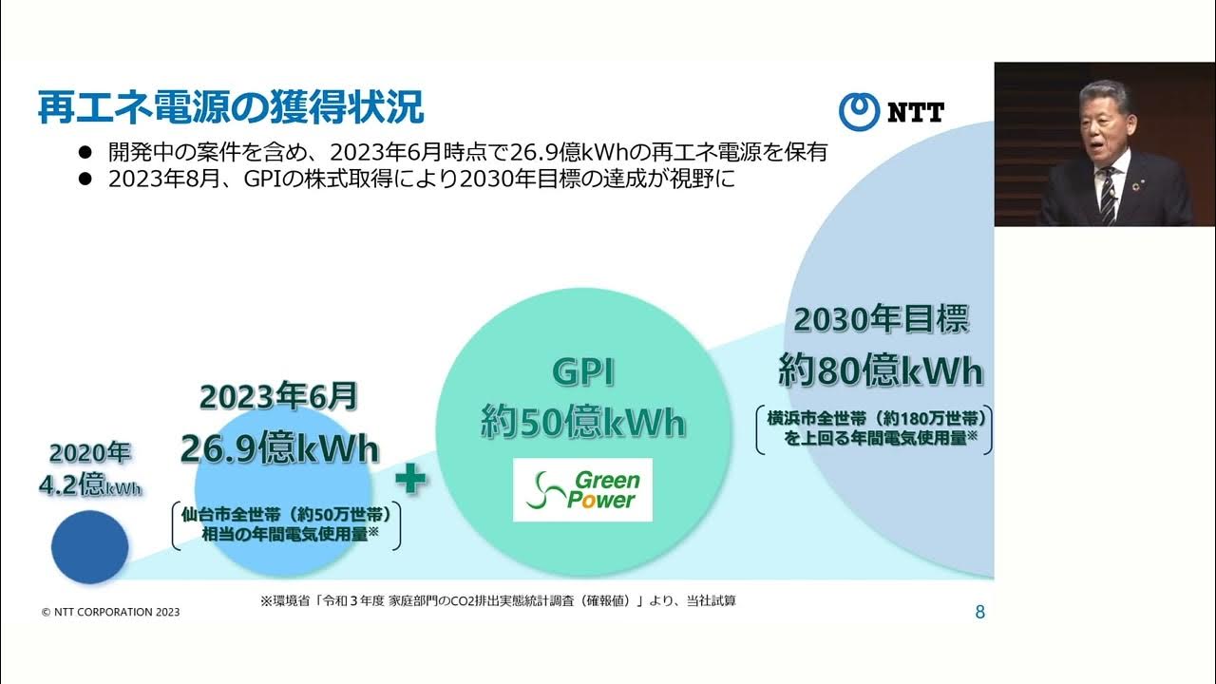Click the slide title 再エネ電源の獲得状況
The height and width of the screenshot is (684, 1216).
click(231, 107)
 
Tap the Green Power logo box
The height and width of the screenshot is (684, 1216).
click(582, 489)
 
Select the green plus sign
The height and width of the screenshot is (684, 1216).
click(410, 478)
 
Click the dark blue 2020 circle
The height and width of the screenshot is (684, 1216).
click(89, 547)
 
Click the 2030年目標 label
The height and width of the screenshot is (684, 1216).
click(881, 320)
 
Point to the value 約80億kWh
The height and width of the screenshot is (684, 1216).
click(881, 370)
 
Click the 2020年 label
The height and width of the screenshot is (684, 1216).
click(89, 452)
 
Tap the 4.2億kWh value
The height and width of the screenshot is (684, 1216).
click(89, 485)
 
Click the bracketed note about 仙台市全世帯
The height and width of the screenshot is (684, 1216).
click(285, 525)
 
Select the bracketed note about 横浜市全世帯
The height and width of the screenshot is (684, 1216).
click(874, 428)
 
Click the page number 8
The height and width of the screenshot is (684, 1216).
click(979, 613)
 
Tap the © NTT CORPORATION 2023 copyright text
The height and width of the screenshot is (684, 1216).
click(110, 613)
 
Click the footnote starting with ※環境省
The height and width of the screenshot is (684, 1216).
click(497, 600)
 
